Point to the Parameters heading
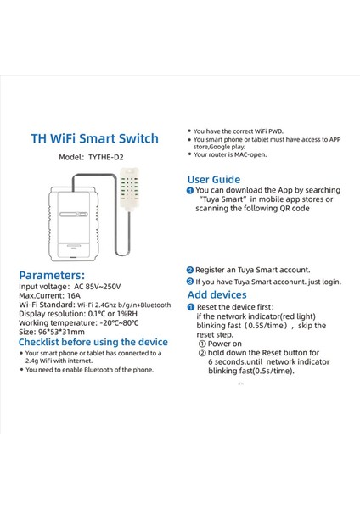(x=52, y=275)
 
